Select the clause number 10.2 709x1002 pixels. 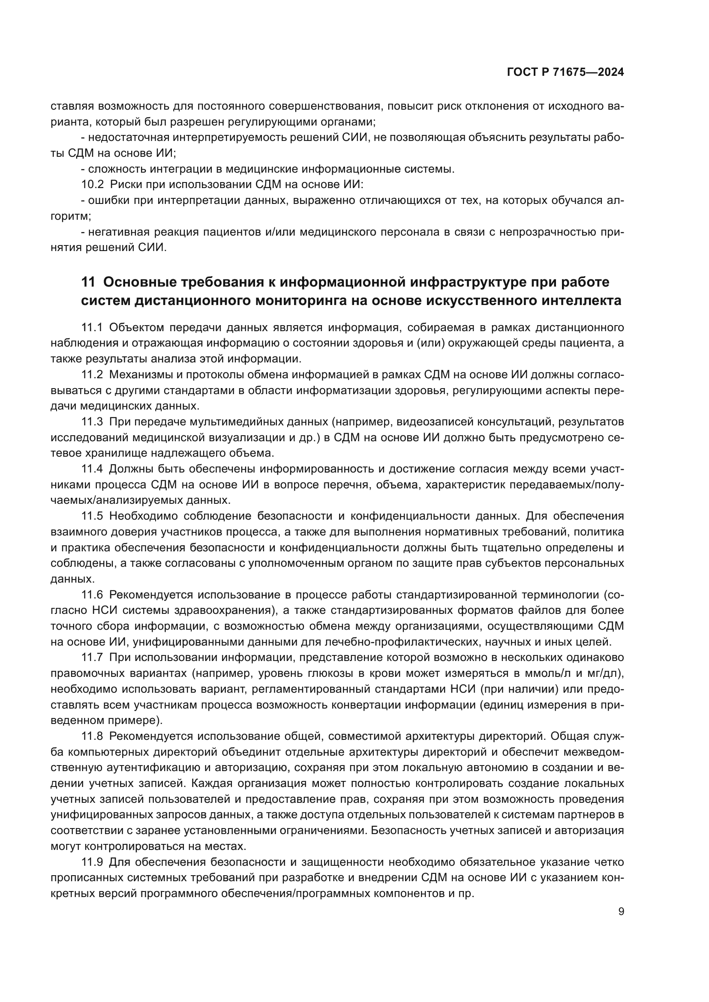pyautogui.click(x=93, y=185)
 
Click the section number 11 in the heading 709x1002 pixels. pyautogui.click(x=88, y=282)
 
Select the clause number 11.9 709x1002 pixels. pyautogui.click(x=92, y=862)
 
